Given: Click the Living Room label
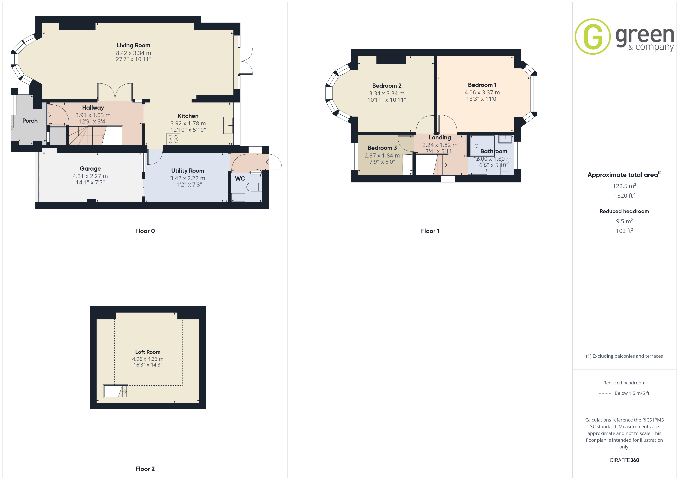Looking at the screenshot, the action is coord(133,45).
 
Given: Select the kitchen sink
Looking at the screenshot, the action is coord(228,125).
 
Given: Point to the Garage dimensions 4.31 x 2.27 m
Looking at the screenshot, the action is coord(90,176).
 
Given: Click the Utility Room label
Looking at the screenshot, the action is coord(187,171).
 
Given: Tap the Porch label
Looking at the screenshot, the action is coord(30,121).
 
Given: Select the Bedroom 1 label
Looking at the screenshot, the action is coord(482,85).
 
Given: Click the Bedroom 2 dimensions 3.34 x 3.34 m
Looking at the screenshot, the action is coord(386,93).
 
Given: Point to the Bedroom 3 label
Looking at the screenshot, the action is coord(382,148).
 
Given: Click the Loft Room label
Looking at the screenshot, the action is coord(148,352).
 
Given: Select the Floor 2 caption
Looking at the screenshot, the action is coord(145,469).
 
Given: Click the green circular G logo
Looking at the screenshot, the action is coord(592,37).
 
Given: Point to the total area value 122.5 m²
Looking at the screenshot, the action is coord(624,186).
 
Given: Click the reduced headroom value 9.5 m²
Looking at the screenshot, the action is coord(624,221).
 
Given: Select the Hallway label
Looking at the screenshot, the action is coord(93,107).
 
